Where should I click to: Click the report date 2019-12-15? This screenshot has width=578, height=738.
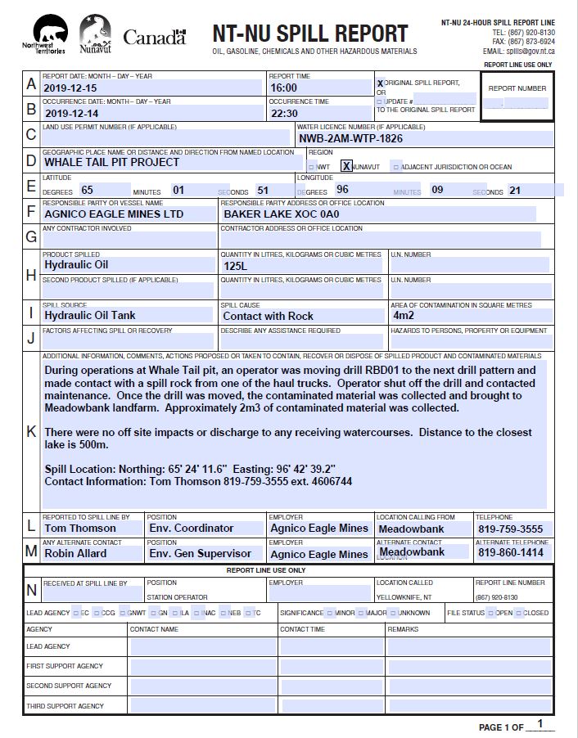coord(70,88)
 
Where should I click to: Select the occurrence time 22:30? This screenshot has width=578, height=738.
coord(285,114)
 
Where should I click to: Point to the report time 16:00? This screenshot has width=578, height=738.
coord(284,88)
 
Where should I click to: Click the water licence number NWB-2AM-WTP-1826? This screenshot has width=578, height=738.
coord(350,138)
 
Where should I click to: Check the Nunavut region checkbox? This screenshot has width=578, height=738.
coord(346,166)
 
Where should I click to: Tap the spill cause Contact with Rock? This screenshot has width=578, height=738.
coord(268,316)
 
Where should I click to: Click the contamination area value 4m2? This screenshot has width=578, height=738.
coord(404,315)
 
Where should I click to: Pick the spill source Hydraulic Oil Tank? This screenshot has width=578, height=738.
coord(90,315)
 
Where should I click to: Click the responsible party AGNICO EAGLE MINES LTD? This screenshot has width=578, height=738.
coord(114,214)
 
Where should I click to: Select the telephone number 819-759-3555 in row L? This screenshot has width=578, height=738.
coord(510,529)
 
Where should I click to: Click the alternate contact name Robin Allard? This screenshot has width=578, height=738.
coord(75,553)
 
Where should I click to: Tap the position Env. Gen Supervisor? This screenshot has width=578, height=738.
coord(200,553)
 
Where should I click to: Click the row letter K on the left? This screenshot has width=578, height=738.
coord(32,431)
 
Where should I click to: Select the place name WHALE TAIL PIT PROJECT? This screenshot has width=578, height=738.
coord(111,162)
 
